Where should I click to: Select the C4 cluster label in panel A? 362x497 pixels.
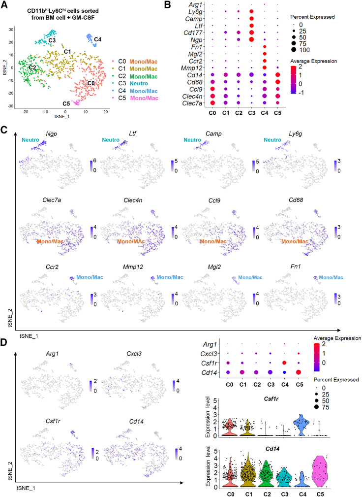click(98, 39)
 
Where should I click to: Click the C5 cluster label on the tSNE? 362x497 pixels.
click(66, 104)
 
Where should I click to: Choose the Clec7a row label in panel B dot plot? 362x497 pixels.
click(193, 103)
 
